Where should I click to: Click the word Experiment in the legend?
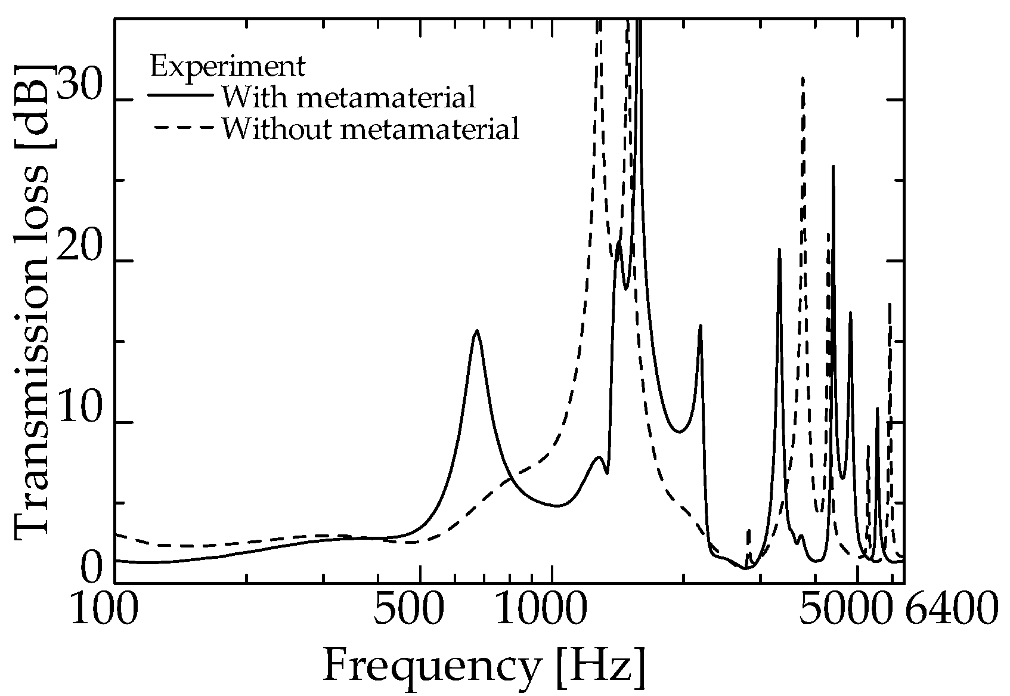point(228,66)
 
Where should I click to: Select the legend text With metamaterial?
point(349,97)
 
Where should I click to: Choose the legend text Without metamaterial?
point(370,128)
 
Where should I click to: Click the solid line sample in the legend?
point(181,95)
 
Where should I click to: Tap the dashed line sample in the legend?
point(181,126)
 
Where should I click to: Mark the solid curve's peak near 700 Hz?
point(476,331)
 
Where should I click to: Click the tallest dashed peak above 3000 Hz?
point(803,78)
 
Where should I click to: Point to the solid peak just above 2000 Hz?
point(700,326)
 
